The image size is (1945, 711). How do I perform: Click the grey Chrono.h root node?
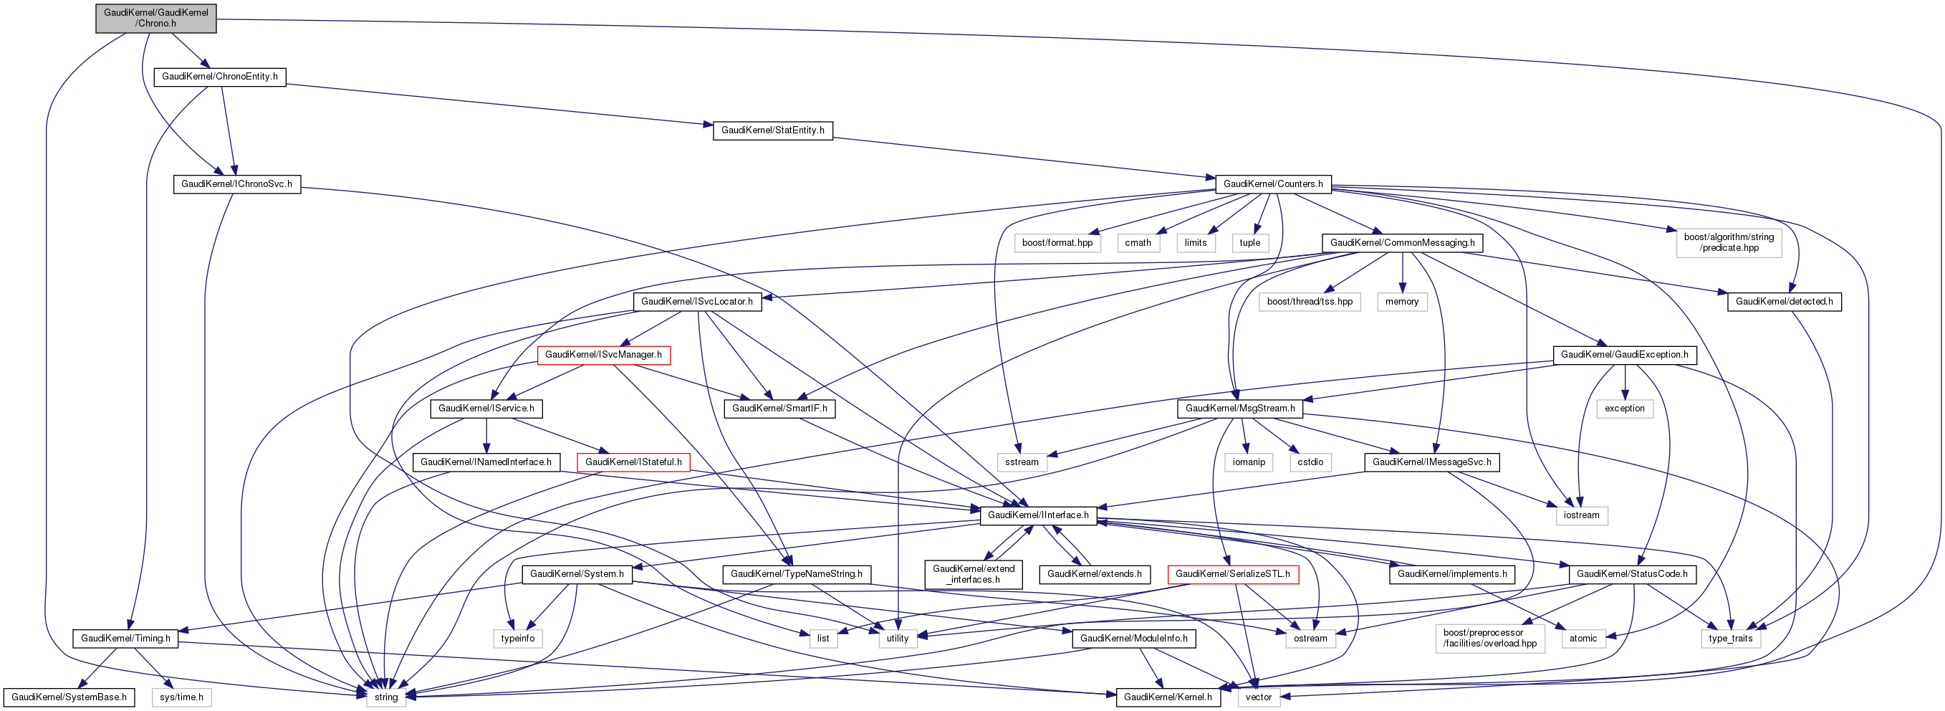(155, 18)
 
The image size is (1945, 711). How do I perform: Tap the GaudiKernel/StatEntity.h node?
(772, 130)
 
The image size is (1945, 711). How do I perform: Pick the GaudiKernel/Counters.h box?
(1273, 184)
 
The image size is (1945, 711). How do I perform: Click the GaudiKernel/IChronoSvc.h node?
(236, 184)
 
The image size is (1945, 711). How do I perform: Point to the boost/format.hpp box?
(1057, 243)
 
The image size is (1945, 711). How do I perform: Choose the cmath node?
(1138, 243)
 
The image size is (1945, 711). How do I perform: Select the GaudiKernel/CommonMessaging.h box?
(1402, 243)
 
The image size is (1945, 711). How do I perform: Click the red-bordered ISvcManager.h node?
(603, 355)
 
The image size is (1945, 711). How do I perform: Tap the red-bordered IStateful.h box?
(633, 462)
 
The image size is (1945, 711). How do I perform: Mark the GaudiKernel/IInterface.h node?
(1038, 515)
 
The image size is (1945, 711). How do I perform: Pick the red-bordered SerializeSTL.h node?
(1233, 574)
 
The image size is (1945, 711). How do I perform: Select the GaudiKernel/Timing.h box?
(126, 639)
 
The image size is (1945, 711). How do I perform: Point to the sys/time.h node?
(181, 697)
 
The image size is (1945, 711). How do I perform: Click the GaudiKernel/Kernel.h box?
(1168, 697)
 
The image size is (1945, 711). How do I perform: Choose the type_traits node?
(1731, 639)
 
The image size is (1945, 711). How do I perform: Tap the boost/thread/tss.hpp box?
(1310, 302)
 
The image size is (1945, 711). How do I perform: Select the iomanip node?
(1249, 462)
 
